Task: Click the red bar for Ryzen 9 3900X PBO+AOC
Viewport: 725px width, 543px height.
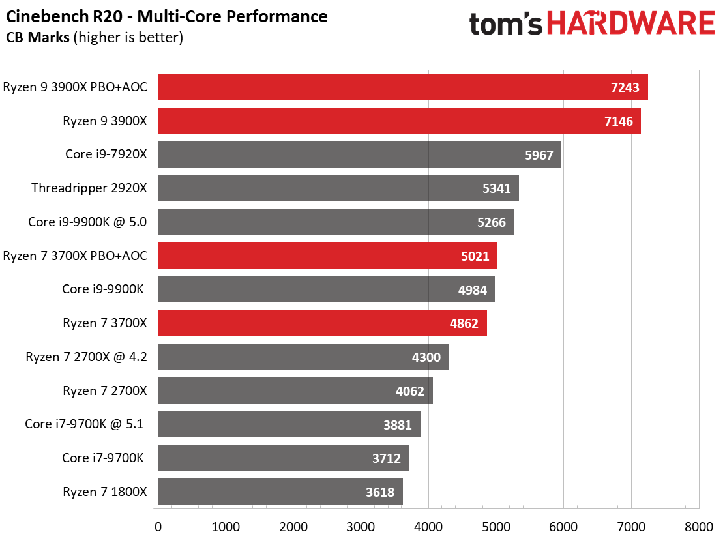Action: pos(403,87)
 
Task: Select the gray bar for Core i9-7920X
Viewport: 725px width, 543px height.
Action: pos(360,154)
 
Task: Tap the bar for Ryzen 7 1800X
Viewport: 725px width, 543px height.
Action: pos(280,492)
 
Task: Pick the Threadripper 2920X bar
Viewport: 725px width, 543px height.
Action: pos(338,188)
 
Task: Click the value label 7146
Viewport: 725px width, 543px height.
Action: pos(618,121)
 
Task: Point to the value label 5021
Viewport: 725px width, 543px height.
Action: pos(475,256)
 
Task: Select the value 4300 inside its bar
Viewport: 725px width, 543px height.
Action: pos(426,357)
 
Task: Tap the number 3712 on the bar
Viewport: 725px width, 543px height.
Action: pos(387,458)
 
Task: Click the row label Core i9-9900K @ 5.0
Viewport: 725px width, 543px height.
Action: pos(87,222)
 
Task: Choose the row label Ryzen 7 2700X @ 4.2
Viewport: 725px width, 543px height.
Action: pos(87,357)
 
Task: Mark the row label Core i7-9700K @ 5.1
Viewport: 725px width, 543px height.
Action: pos(84,424)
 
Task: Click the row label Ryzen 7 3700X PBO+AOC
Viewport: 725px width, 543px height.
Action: pos(75,256)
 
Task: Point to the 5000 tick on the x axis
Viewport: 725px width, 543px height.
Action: pos(496,527)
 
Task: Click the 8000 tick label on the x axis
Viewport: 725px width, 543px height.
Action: pos(699,527)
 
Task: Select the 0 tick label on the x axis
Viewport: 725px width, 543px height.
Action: pos(158,527)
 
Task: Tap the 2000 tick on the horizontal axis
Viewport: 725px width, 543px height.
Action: pos(293,527)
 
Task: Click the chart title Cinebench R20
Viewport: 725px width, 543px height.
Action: pos(65,17)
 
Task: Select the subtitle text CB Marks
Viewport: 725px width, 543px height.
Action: pos(38,37)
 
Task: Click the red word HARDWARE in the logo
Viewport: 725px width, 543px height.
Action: pos(631,23)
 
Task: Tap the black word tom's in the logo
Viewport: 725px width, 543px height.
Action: pos(506,24)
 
